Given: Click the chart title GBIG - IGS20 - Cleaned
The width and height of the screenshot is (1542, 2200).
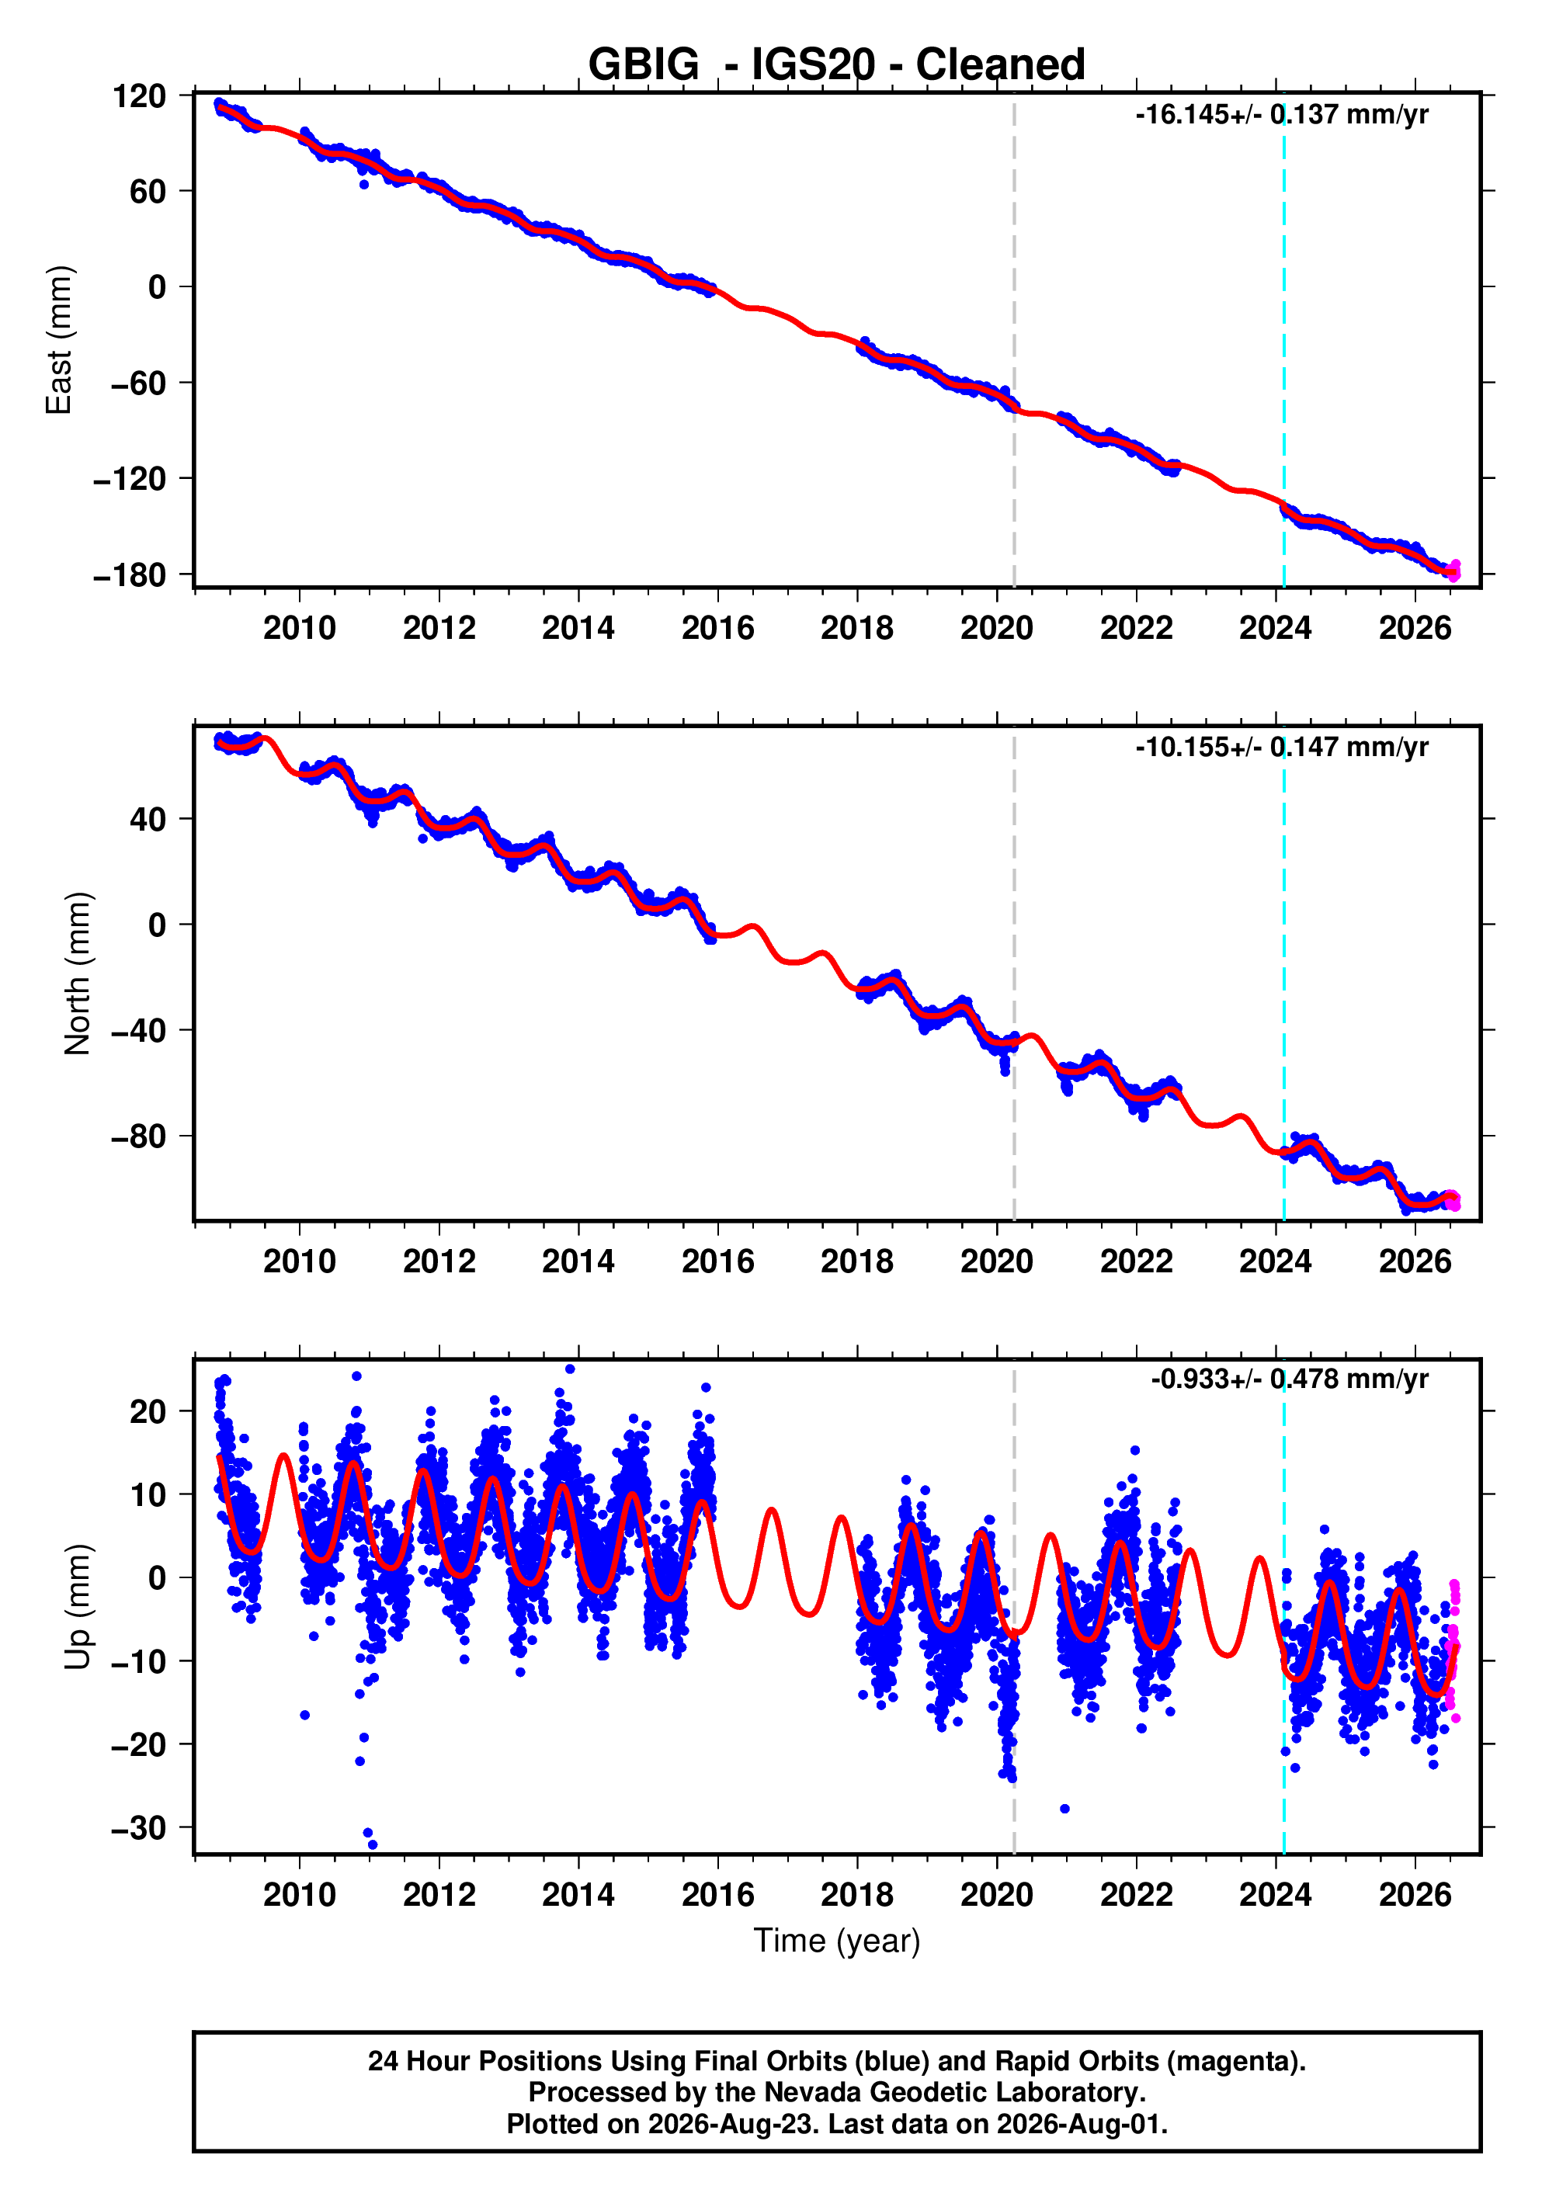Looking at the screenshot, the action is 835,64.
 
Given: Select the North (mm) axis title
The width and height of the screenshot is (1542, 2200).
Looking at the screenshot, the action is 78,973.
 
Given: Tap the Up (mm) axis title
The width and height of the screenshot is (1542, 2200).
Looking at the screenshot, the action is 78,1607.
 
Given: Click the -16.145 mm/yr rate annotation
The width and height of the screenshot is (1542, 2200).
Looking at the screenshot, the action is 1281,115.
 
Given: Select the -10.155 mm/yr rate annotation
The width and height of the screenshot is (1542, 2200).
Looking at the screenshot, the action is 1281,748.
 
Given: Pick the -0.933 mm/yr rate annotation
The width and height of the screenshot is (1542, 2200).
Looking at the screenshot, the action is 1289,1379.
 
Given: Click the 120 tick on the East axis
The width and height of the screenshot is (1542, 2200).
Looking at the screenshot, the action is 139,95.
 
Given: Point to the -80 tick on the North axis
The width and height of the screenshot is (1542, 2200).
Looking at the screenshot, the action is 139,1136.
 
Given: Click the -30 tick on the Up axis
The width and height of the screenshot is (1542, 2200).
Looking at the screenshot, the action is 139,1828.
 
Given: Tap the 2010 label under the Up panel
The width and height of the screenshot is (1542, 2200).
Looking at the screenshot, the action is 300,1894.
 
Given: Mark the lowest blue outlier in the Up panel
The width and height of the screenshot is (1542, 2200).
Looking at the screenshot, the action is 373,1844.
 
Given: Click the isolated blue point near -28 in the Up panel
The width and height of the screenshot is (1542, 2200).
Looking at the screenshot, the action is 1064,1809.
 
